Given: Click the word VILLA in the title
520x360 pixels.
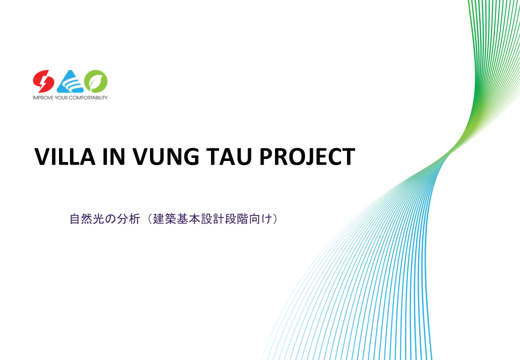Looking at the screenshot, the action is tap(65, 156).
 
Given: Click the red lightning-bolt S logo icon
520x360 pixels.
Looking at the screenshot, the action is tap(43, 81).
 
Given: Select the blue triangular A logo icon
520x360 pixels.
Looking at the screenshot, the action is tap(70, 81).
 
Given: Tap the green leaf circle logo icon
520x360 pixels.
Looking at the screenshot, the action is tap(96, 81).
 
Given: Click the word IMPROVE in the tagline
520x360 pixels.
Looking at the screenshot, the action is tap(43, 98).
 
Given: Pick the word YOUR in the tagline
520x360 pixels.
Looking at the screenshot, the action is tap(61, 98).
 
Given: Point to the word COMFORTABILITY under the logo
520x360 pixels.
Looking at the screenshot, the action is tap(88, 98).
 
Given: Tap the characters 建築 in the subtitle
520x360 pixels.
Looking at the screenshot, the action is tap(164, 219).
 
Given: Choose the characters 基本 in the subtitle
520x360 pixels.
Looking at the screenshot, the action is tap(188, 219).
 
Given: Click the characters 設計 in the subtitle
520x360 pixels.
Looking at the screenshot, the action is tap(212, 219).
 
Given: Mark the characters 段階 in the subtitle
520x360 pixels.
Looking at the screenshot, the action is tap(236, 219).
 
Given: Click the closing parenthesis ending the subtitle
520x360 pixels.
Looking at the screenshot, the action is tap(274, 219).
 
